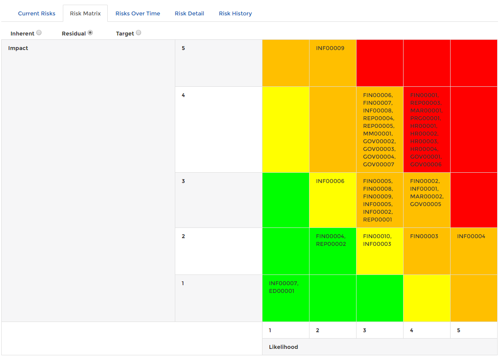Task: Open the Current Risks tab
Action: click(x=36, y=14)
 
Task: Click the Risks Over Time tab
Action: click(x=138, y=14)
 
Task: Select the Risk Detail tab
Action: click(x=189, y=14)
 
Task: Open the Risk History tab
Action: click(x=235, y=14)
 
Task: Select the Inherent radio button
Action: click(x=39, y=32)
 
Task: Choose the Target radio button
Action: click(x=139, y=32)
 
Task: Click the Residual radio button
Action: click(x=90, y=32)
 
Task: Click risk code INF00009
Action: click(x=330, y=48)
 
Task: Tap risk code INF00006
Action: click(x=330, y=181)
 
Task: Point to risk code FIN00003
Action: click(x=424, y=236)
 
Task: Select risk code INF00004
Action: click(x=471, y=236)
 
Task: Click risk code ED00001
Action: click(x=282, y=291)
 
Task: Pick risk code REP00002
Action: click(x=331, y=244)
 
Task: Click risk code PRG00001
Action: click(x=425, y=118)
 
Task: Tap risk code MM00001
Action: click(x=377, y=134)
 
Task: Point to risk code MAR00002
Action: click(x=427, y=197)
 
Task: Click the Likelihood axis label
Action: click(x=283, y=347)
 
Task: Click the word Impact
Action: click(x=18, y=48)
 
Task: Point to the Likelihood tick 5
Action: click(x=459, y=330)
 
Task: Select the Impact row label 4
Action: click(x=183, y=95)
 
